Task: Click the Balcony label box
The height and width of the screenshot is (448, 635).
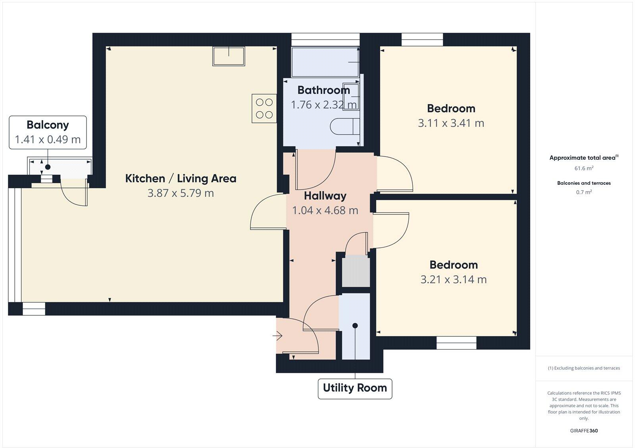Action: [48, 132]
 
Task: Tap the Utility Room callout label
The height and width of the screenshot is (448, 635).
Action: [355, 388]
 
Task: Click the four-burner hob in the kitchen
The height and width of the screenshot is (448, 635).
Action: [264, 108]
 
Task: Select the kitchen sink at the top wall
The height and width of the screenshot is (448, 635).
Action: [229, 56]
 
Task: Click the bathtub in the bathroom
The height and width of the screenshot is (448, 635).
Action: [325, 62]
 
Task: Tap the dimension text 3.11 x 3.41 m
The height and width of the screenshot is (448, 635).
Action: [451, 123]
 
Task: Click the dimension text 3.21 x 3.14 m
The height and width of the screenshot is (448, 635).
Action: [453, 280]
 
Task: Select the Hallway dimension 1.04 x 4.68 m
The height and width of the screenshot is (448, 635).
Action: [325, 210]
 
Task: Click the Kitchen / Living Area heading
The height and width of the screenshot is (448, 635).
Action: [181, 178]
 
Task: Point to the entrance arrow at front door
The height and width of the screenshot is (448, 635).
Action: [277, 336]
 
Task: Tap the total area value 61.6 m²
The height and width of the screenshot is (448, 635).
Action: [584, 168]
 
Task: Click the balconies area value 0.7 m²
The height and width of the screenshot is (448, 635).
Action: [584, 192]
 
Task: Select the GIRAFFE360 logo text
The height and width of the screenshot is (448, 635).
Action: [584, 431]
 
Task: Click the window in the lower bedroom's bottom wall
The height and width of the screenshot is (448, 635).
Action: [456, 343]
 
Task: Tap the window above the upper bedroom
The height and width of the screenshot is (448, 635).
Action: [422, 39]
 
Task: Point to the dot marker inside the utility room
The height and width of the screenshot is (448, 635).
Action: [355, 326]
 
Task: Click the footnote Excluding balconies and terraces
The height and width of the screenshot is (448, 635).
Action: [584, 368]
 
